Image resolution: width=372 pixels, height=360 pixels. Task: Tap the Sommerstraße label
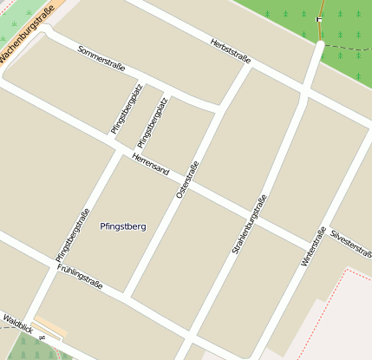coord(101,58)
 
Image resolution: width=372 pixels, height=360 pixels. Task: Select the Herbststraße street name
coord(230,51)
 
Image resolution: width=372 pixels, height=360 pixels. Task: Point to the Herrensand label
coord(150,165)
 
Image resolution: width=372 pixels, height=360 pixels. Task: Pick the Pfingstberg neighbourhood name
coord(123,226)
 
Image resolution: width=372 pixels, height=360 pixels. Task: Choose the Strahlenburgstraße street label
coord(250,225)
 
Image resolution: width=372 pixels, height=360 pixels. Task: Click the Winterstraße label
coord(313,246)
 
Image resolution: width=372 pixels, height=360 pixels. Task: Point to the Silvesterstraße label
coord(351,248)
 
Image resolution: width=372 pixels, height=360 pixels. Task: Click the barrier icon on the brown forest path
coord(320,18)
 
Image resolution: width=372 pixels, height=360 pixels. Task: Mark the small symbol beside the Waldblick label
coord(42,336)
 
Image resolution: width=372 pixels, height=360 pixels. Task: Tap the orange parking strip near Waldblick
coord(50,329)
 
